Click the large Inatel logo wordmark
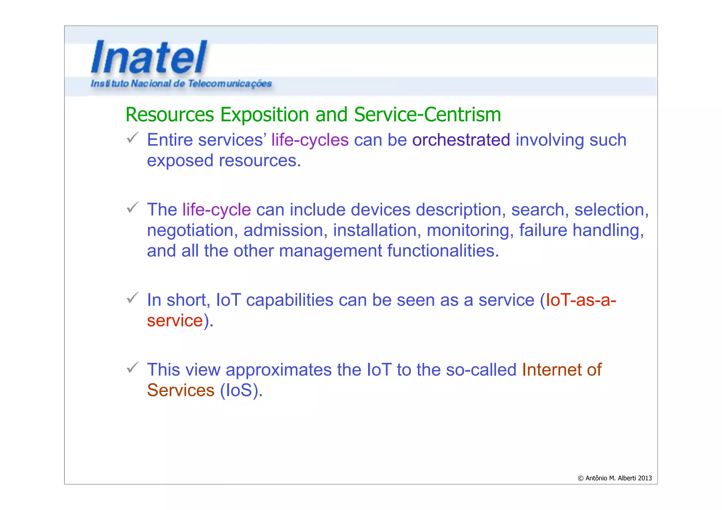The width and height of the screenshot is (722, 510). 149,57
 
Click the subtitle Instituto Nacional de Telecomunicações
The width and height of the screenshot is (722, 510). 181,84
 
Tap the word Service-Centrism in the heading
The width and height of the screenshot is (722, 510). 427,115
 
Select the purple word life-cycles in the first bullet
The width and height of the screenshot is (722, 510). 310,140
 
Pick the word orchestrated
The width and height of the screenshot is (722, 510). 461,140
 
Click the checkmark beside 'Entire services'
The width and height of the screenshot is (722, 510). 133,138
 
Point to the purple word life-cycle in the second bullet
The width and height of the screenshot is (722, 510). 216,210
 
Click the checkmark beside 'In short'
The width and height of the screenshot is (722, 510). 133,298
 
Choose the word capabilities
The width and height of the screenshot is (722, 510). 289,300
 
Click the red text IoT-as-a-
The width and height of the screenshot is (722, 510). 581,300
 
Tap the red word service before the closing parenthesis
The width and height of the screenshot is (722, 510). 175,321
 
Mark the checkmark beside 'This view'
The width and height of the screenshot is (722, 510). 133,368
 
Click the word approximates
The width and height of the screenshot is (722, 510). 279,370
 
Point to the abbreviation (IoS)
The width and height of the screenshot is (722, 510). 241,391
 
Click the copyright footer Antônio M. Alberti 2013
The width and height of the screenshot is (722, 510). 614,478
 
